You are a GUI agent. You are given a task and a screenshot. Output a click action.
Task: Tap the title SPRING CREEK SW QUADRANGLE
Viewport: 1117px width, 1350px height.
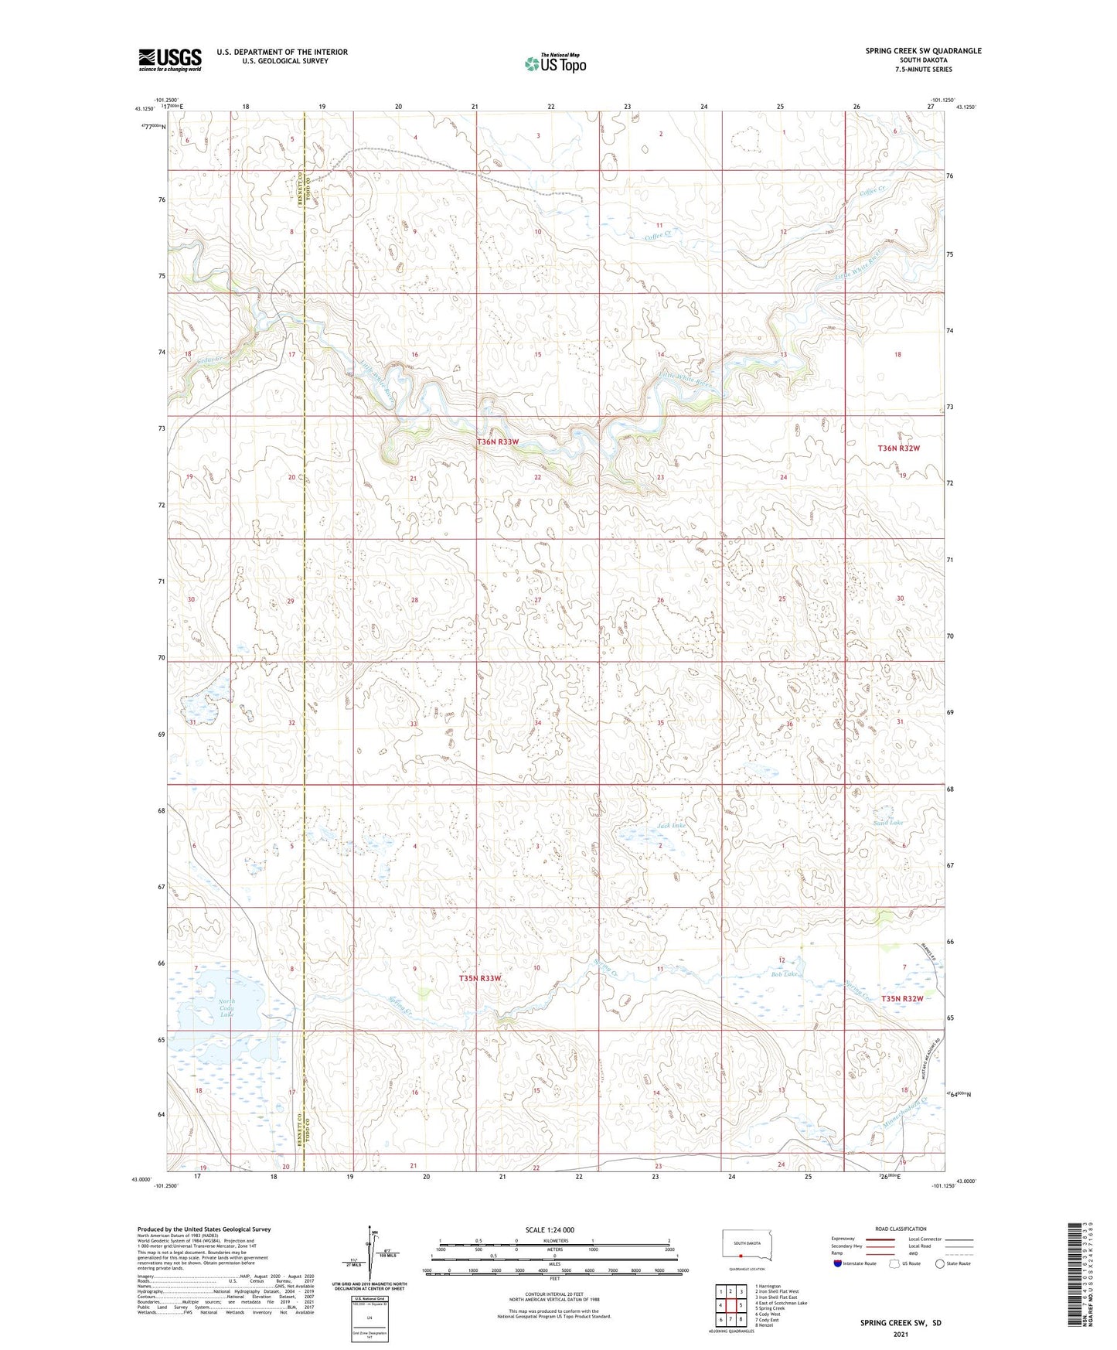coord(923,51)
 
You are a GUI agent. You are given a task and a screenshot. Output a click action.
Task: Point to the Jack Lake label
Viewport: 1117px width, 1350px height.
coord(671,826)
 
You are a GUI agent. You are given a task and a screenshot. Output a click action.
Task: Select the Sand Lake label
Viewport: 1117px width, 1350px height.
coord(887,823)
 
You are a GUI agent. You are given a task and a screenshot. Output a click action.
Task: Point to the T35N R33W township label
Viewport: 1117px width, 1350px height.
coord(480,979)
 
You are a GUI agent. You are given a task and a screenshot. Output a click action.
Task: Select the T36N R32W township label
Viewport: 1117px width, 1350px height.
coord(898,448)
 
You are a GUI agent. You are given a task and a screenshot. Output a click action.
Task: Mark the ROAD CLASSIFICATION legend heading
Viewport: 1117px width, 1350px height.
coord(901,1229)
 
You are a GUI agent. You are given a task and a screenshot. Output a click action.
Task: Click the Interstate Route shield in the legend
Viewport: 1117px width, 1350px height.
coord(838,1263)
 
